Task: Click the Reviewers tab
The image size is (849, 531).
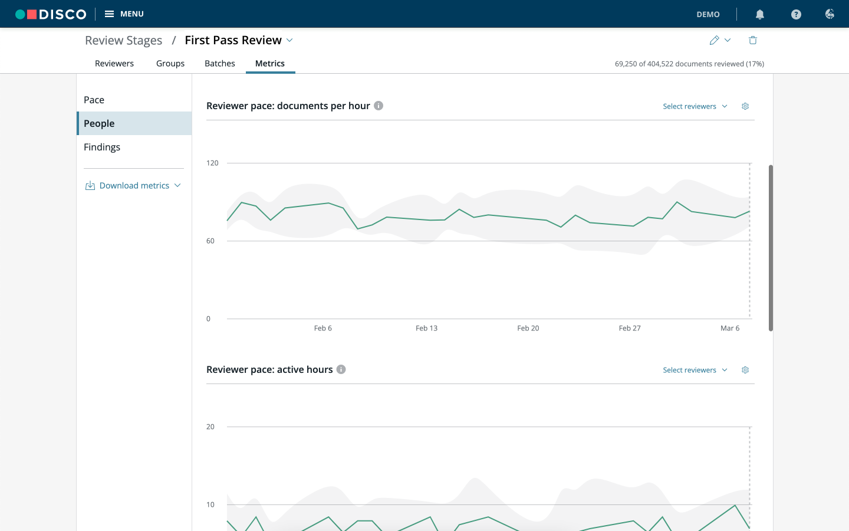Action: (x=114, y=63)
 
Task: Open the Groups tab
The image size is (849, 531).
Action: (x=170, y=63)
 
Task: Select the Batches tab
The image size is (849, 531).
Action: (x=220, y=63)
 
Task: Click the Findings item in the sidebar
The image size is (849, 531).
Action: (x=102, y=147)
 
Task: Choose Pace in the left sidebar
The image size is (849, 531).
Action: (x=94, y=100)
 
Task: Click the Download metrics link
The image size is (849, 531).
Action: (x=133, y=185)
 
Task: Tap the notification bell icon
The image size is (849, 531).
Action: (x=759, y=14)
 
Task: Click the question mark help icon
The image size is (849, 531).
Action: (x=796, y=14)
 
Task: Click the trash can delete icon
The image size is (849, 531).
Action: (x=753, y=40)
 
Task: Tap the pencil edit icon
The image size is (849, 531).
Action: (x=714, y=40)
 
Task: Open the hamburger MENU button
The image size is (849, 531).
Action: (x=124, y=14)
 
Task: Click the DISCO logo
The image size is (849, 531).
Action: (x=51, y=14)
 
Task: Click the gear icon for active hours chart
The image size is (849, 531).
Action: (x=745, y=370)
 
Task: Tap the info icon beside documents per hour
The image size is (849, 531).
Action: (x=379, y=106)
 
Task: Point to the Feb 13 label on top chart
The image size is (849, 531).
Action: (x=426, y=328)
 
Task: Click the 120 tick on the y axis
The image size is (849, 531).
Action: (x=212, y=163)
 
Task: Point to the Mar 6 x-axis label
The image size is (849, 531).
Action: (x=730, y=328)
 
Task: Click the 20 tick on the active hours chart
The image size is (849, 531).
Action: (x=210, y=427)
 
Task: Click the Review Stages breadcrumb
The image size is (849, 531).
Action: (x=124, y=40)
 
